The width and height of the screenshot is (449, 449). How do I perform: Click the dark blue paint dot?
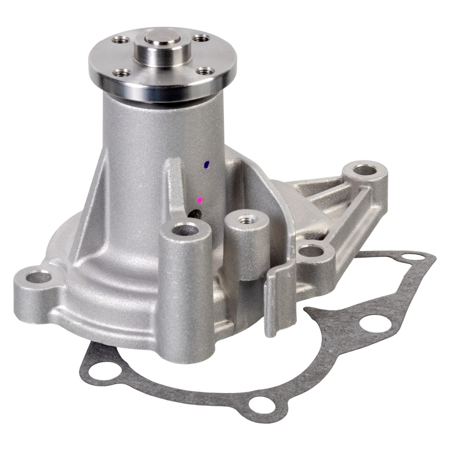tap(206, 164)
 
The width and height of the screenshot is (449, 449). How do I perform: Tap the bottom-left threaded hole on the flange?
tap(123, 73)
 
